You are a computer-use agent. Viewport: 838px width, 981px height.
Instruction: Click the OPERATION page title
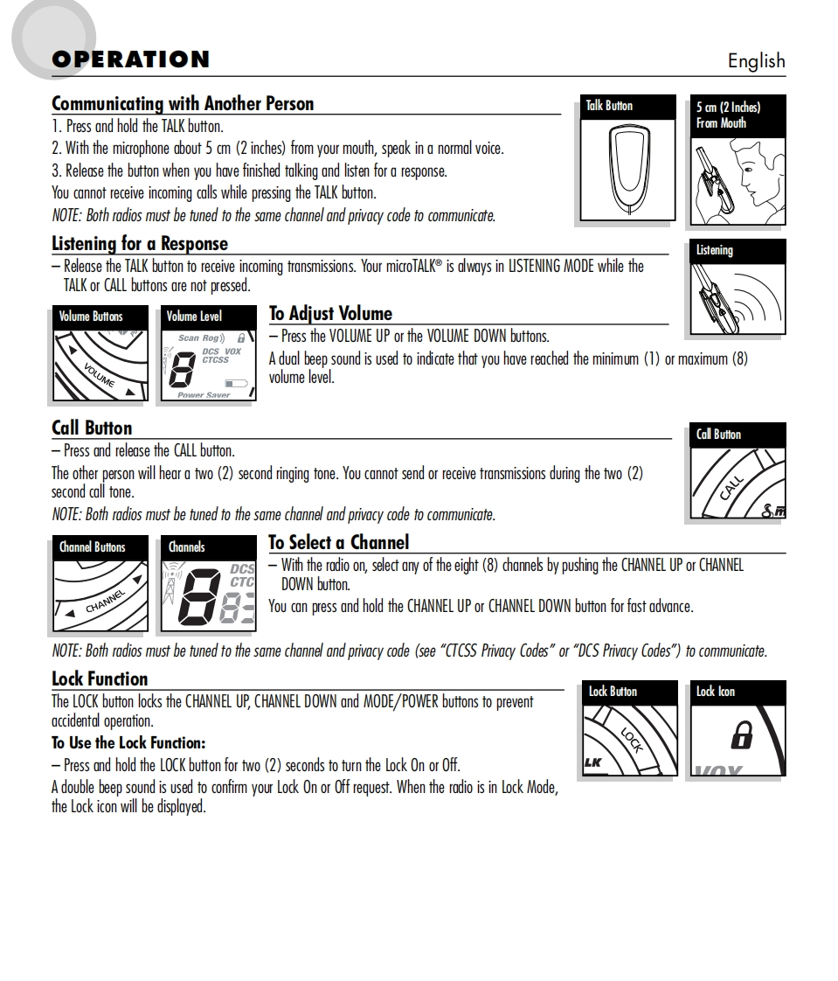[130, 59]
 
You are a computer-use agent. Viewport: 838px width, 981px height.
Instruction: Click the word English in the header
[756, 61]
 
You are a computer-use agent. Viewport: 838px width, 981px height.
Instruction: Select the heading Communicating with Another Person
[183, 104]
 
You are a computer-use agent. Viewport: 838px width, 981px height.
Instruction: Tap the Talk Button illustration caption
[609, 106]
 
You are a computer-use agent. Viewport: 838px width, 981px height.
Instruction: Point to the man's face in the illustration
[755, 170]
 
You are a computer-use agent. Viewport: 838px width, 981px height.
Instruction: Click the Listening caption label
[715, 251]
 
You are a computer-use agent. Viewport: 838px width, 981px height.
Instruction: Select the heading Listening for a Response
[140, 244]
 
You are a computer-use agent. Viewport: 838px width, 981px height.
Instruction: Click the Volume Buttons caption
[91, 317]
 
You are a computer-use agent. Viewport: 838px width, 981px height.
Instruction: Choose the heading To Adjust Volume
[330, 314]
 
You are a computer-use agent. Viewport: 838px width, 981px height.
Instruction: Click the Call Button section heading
[92, 428]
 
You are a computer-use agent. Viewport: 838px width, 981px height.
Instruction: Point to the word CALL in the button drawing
[731, 486]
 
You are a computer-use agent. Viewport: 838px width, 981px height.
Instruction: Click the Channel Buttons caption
[92, 547]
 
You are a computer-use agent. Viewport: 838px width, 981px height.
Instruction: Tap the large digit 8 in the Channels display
[198, 599]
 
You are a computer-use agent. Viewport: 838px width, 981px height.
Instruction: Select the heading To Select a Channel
[338, 542]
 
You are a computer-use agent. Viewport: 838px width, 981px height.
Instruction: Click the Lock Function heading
[100, 678]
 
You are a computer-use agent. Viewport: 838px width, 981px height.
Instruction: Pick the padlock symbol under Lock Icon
[741, 736]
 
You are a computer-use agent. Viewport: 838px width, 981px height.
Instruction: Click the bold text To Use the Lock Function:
[128, 743]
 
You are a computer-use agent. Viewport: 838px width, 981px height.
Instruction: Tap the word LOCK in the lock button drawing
[632, 740]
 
